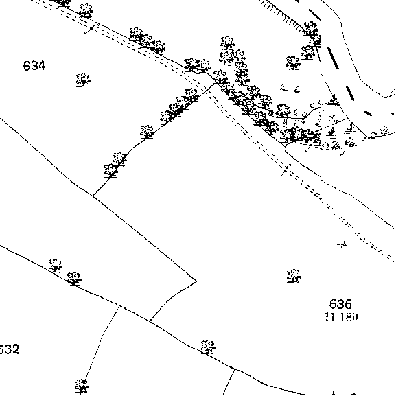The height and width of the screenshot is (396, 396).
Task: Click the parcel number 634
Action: click(x=34, y=66)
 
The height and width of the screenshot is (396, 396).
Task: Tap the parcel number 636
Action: click(x=340, y=304)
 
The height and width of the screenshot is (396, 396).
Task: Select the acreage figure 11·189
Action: click(x=341, y=317)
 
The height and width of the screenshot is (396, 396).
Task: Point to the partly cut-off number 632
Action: click(x=9, y=349)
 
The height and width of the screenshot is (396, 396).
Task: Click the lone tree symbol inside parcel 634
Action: click(x=83, y=80)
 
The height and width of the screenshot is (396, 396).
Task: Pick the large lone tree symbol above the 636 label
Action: click(x=294, y=275)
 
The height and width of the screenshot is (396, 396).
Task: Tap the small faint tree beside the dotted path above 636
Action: click(x=342, y=243)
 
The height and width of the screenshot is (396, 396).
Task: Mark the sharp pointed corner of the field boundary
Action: click(x=196, y=281)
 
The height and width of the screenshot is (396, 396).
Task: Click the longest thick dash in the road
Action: click(x=333, y=58)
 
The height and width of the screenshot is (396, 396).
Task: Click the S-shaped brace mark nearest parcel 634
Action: click(x=90, y=29)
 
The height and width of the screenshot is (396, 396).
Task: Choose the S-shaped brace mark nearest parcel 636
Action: click(x=286, y=170)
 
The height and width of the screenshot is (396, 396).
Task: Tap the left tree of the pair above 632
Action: click(x=55, y=266)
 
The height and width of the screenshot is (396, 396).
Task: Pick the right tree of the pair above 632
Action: click(x=74, y=279)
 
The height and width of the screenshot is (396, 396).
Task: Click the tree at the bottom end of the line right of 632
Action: click(x=82, y=386)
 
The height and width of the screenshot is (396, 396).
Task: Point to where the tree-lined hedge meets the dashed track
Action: click(x=216, y=83)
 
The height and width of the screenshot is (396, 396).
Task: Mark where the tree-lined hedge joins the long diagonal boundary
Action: click(x=93, y=196)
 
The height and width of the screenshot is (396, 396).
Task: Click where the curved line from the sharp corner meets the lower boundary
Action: click(x=150, y=321)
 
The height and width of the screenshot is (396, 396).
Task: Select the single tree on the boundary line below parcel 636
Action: click(x=208, y=347)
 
